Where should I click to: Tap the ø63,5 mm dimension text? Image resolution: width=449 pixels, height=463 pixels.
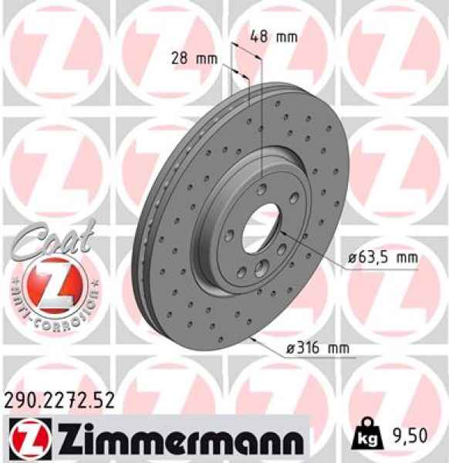pos(383,259)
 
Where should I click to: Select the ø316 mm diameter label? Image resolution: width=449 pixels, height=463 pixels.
pos(317,349)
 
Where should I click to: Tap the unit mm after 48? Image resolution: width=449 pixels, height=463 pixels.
pos(288,36)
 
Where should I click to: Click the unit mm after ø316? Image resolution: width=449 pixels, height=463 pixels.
pos(338,349)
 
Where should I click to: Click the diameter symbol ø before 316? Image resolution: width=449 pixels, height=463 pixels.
pos(290,349)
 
